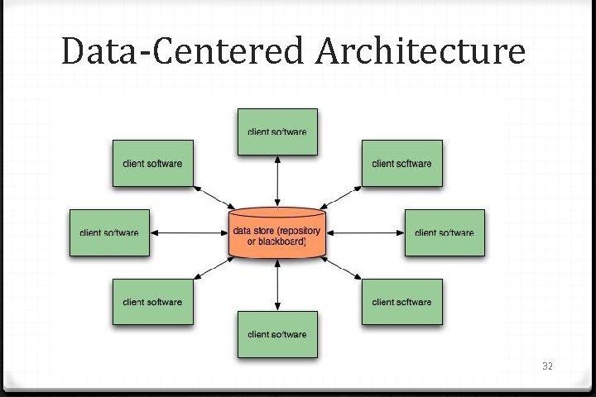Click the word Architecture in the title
pyautogui.click(x=420, y=52)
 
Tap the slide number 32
pyautogui.click(x=546, y=365)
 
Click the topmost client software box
pyautogui.click(x=277, y=132)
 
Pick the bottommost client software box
pyautogui.click(x=277, y=334)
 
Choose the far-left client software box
pyautogui.click(x=109, y=232)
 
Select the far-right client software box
pyautogui.click(x=445, y=232)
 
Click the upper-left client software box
pyautogui.click(x=152, y=163)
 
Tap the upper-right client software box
pyautogui.click(x=401, y=163)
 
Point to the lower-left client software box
pyautogui.click(x=152, y=302)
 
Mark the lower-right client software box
pyautogui.click(x=401, y=302)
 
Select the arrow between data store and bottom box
pyautogui.click(x=277, y=285)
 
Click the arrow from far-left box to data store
pyautogui.click(x=188, y=232)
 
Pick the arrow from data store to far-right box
pyautogui.click(x=365, y=232)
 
